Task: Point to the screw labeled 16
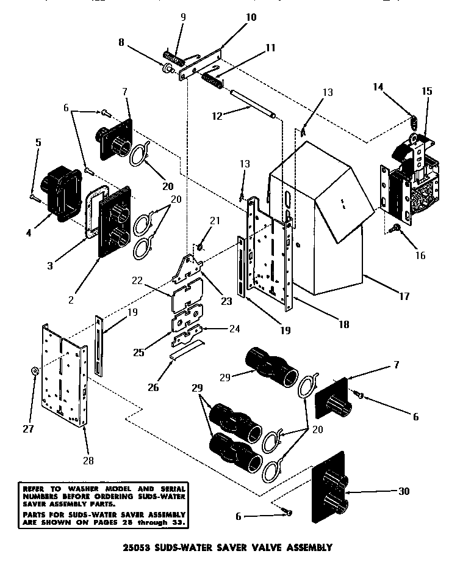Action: tap(393, 228)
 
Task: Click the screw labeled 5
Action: tap(34, 196)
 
